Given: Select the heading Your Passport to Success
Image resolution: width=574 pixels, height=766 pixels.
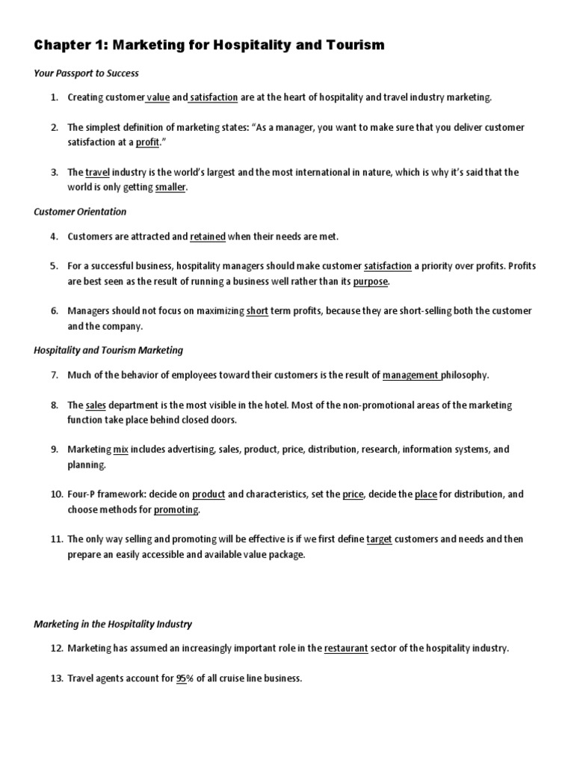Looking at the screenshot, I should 86,73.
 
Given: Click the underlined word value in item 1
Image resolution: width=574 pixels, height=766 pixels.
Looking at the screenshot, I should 158,97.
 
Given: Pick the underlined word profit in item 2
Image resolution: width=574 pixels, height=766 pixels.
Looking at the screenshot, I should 147,142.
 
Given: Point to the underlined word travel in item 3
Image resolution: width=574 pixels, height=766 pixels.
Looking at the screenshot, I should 97,172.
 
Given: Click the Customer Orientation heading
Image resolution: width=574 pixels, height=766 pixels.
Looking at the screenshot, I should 80,212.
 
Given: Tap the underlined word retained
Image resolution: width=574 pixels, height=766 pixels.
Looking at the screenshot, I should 208,236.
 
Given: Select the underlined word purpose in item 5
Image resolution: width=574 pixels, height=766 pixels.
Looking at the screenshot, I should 371,281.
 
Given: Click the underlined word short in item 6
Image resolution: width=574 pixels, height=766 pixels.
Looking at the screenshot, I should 257,311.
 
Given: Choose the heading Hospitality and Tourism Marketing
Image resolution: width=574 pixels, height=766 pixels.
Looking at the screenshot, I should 108,350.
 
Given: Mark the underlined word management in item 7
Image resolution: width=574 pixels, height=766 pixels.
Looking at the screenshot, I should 410,375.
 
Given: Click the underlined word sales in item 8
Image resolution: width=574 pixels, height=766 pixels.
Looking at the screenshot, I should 96,405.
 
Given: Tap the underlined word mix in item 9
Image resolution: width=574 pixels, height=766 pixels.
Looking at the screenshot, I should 121,450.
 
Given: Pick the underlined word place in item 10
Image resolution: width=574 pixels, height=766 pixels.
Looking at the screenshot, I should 425,494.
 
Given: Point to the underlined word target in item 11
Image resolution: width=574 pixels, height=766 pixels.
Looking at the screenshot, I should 379,539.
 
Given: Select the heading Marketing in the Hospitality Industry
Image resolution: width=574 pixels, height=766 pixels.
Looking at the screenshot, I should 113,624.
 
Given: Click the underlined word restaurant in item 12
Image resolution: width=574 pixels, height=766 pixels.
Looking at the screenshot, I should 346,649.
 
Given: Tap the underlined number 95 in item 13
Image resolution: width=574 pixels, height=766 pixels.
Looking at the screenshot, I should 181,678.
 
